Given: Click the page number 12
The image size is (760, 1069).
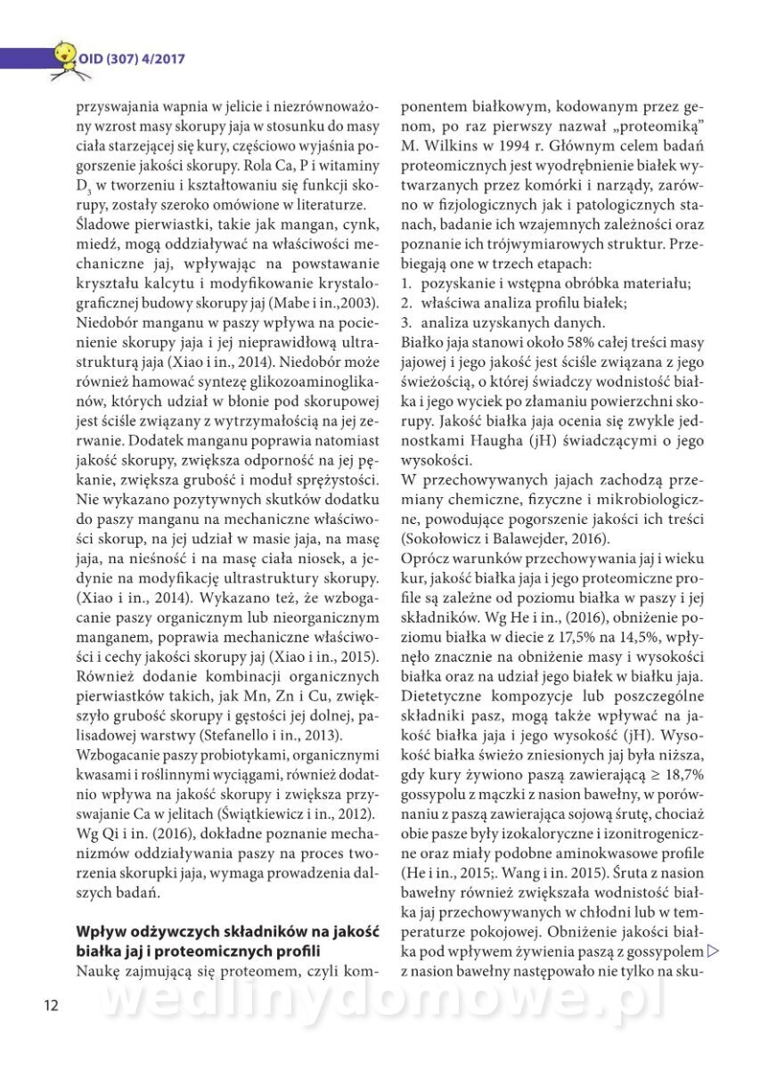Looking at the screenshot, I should pyautogui.click(x=50, y=1006).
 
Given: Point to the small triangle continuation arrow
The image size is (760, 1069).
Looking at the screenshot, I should pyautogui.click(x=712, y=951).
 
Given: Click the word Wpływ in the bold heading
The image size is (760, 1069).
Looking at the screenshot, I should pyautogui.click(x=100, y=932).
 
